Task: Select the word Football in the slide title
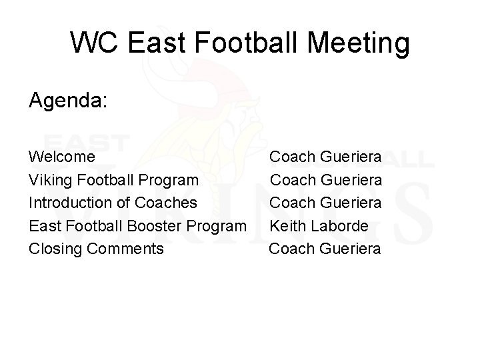pyautogui.click(x=244, y=43)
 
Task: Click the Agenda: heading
pyautogui.click(x=69, y=102)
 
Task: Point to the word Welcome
pyautogui.click(x=61, y=157)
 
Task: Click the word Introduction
pyautogui.click(x=69, y=203)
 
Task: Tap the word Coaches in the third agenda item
pyautogui.click(x=170, y=203)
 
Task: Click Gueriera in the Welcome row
pyautogui.click(x=351, y=157)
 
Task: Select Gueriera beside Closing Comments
pyautogui.click(x=351, y=249)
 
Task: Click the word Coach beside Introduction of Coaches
pyautogui.click(x=292, y=203)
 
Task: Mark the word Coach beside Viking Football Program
pyautogui.click(x=292, y=180)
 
